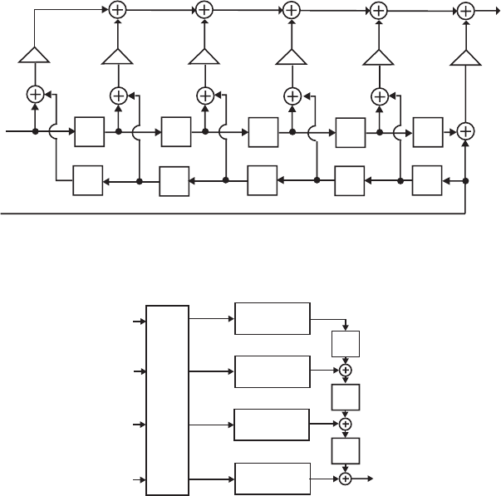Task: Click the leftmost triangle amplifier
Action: [35, 56]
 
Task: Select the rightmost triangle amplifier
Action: [466, 56]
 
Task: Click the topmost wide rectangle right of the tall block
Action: [273, 318]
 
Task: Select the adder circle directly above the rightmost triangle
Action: [466, 11]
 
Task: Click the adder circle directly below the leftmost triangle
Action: [35, 95]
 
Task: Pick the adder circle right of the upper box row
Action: [466, 131]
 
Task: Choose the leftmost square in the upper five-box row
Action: [88, 131]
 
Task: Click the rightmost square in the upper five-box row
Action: [427, 131]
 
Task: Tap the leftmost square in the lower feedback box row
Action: [88, 180]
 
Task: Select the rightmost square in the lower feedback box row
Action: [427, 180]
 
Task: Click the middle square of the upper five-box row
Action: [263, 131]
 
